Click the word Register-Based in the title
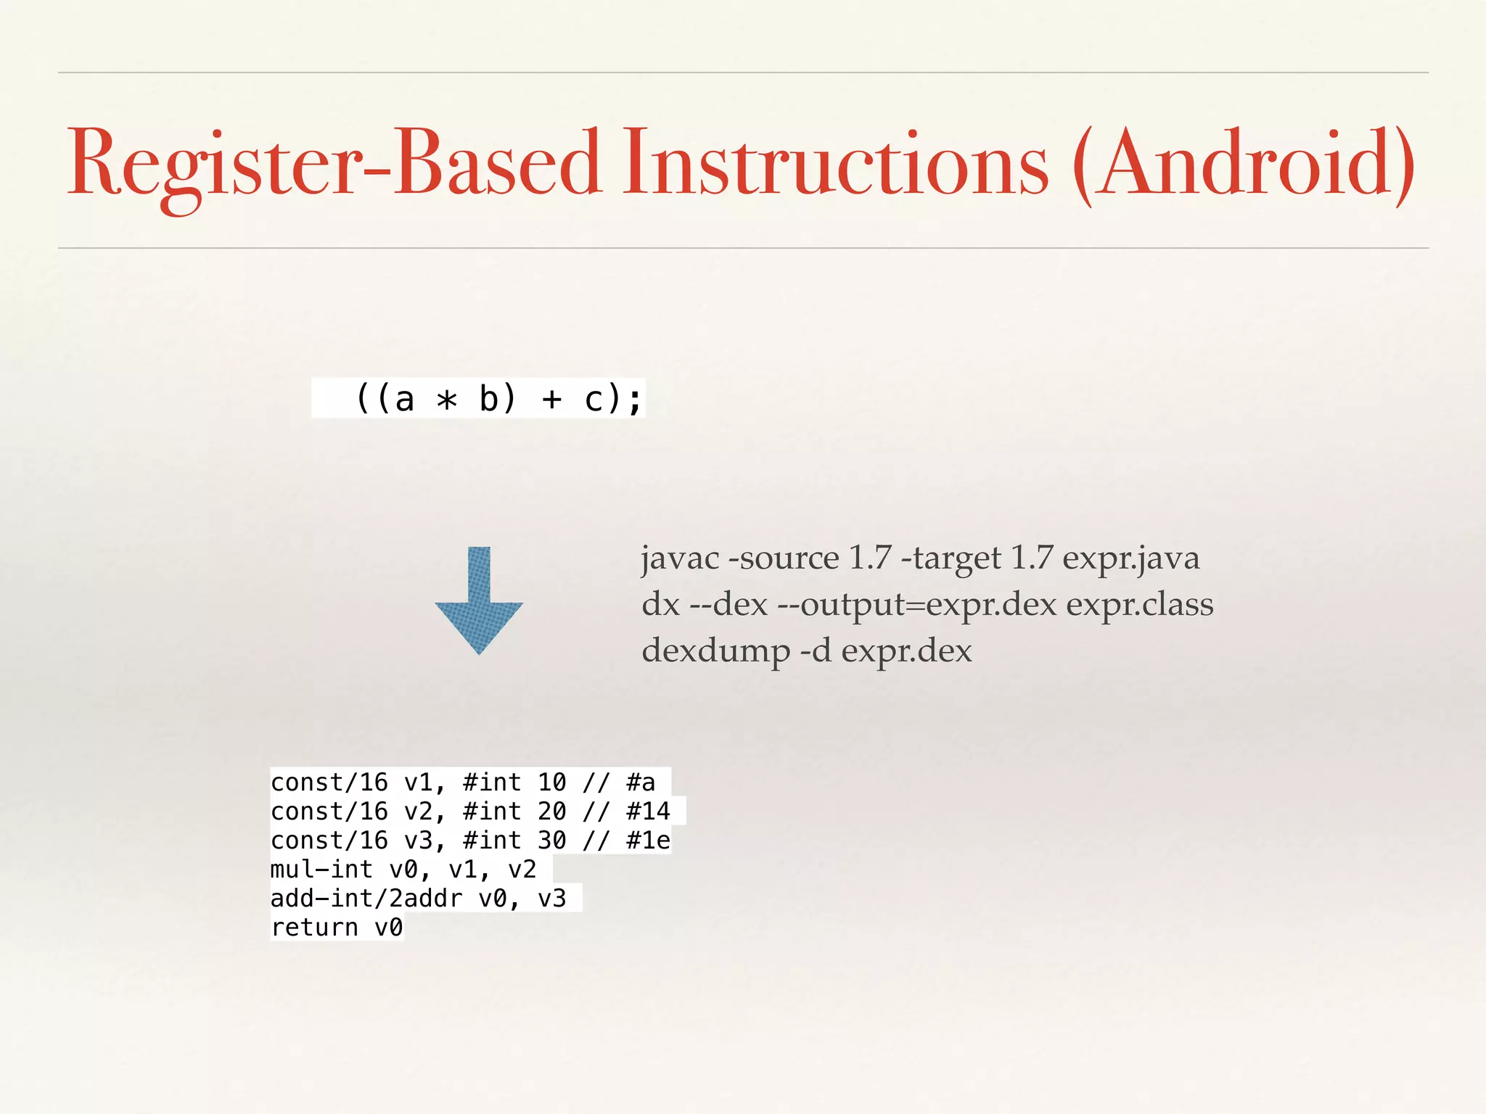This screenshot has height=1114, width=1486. pyautogui.click(x=334, y=163)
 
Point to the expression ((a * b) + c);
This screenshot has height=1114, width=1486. pyautogui.click(x=499, y=398)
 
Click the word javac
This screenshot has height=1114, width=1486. pyautogui.click(x=680, y=558)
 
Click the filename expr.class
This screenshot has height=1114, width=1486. pyautogui.click(x=1139, y=605)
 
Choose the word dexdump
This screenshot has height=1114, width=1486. pyautogui.click(x=715, y=651)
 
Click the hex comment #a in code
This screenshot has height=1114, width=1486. pyautogui.click(x=641, y=783)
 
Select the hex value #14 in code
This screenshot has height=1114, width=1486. pyautogui.click(x=648, y=812)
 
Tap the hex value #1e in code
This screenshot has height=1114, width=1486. pyautogui.click(x=648, y=841)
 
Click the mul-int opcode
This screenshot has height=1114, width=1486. pyautogui.click(x=321, y=870)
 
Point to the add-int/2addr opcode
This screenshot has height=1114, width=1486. pyautogui.click(x=366, y=899)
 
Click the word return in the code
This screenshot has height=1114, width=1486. pyautogui.click(x=314, y=928)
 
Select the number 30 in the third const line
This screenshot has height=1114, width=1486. pyautogui.click(x=551, y=841)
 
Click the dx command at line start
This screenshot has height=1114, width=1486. pyautogui.click(x=660, y=605)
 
